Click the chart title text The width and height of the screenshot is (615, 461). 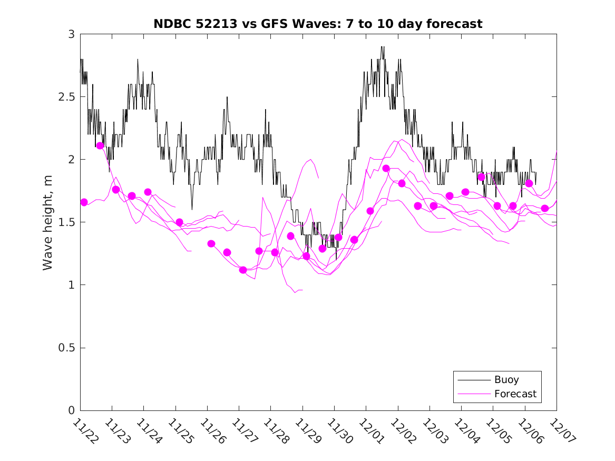318,24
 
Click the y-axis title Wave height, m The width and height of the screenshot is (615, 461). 48,222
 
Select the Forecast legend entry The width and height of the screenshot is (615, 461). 515,394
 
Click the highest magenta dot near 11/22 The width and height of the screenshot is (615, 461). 100,145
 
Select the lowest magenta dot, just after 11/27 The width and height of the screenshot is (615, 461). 243,270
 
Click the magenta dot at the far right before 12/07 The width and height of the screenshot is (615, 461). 545,208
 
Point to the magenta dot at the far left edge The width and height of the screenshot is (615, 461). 84,202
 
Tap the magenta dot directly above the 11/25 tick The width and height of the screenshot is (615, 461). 179,222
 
